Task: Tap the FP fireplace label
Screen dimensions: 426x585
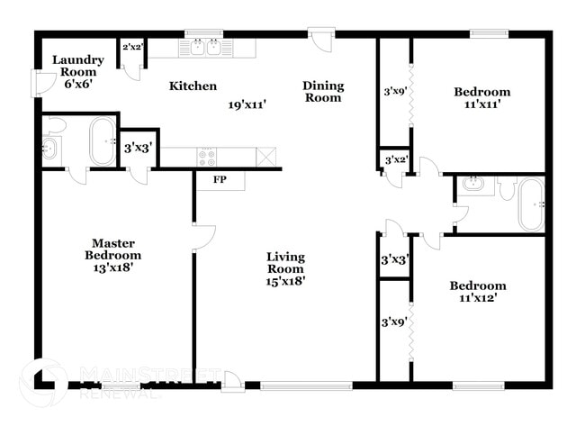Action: tap(220, 179)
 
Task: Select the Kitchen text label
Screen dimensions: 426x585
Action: tap(193, 86)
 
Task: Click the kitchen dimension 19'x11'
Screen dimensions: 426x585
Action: tap(247, 104)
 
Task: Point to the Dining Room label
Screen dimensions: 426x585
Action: tap(322, 92)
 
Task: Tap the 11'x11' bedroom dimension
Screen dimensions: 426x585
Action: tap(481, 104)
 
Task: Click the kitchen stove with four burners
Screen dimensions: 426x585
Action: tap(206, 157)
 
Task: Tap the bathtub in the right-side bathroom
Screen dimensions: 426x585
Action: tap(531, 204)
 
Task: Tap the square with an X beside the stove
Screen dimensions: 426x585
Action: tap(266, 157)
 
